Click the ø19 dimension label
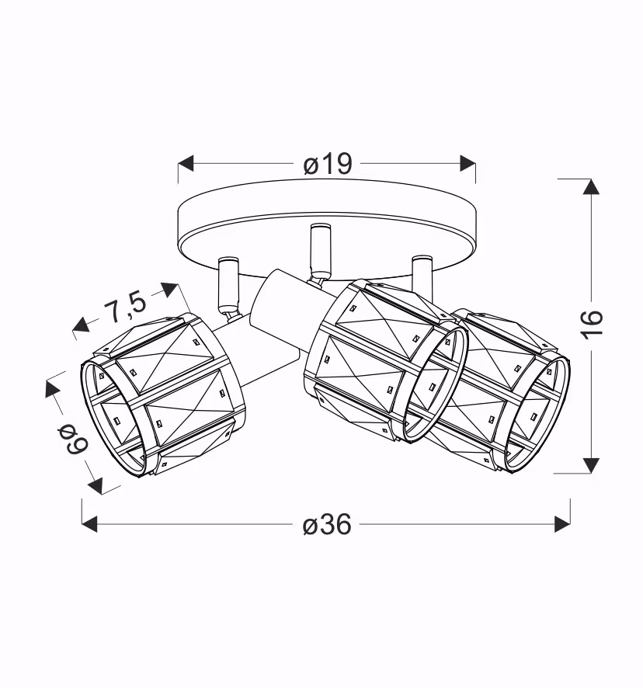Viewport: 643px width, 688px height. coord(328,164)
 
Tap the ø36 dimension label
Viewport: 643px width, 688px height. coord(327,524)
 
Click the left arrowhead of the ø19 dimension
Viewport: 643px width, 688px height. coord(186,163)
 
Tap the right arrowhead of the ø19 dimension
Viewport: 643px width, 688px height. coord(467,163)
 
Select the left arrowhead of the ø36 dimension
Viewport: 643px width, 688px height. coord(89,524)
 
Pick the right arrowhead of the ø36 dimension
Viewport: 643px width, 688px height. coord(563,524)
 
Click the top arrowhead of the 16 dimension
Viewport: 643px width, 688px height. coord(591,186)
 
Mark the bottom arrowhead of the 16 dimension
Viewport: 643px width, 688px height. coord(591,466)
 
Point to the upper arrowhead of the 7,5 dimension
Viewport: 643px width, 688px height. coord(170,290)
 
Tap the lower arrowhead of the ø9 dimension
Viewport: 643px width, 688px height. coord(96,485)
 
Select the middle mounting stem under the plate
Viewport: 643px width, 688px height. coord(319,250)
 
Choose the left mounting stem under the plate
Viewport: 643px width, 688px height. coord(229,283)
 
